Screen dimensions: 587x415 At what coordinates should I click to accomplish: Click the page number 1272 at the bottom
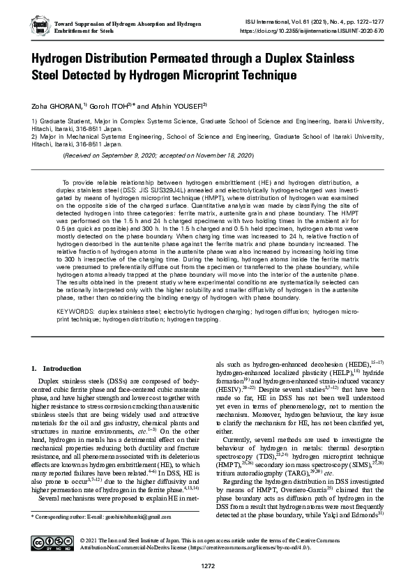(207, 574)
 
